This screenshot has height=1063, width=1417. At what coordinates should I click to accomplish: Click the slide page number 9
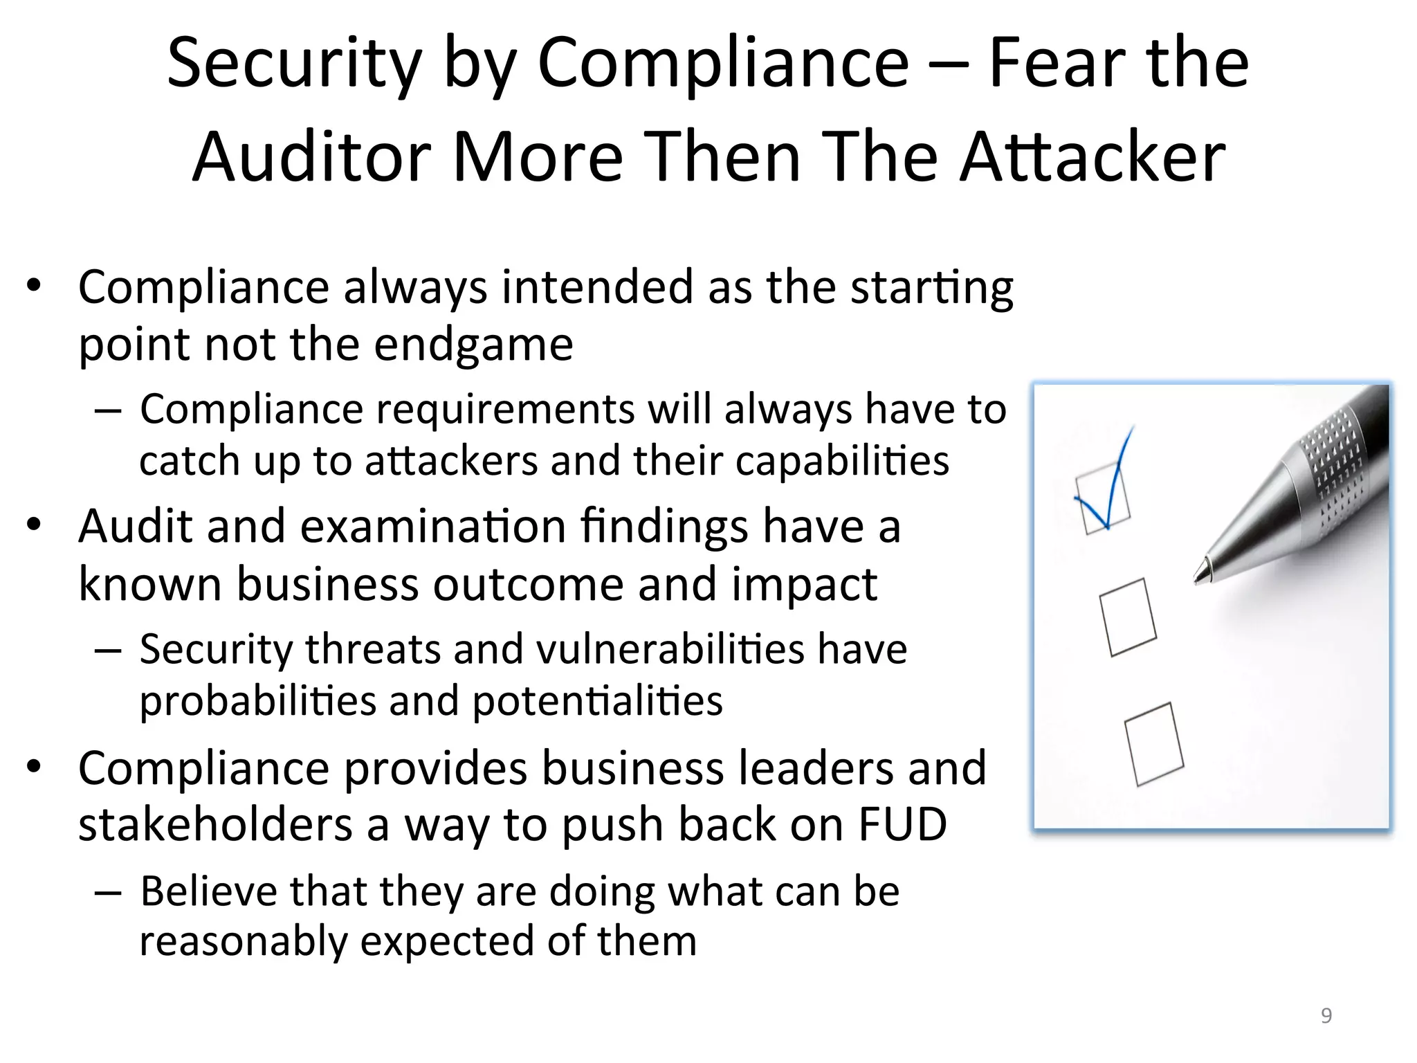click(1326, 1015)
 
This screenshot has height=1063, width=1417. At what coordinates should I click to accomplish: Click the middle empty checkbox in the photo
click(1128, 617)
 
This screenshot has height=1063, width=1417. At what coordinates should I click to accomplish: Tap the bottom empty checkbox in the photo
click(1153, 743)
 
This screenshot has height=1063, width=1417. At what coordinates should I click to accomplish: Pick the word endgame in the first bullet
click(473, 344)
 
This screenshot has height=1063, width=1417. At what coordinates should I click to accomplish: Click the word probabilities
click(257, 700)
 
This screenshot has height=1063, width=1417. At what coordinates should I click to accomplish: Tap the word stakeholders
click(215, 824)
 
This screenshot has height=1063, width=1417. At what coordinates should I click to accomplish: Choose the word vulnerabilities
click(670, 649)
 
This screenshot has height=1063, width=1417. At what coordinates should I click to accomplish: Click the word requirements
click(505, 409)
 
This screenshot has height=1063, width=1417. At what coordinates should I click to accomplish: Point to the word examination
click(433, 526)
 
